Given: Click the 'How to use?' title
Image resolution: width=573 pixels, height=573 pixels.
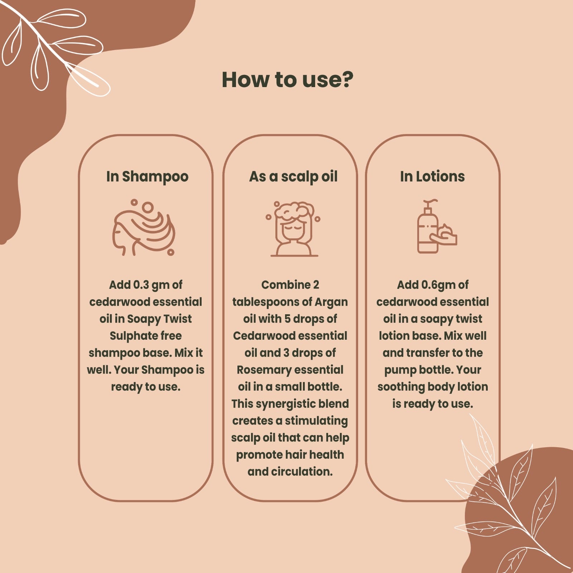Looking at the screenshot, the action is [x=288, y=80].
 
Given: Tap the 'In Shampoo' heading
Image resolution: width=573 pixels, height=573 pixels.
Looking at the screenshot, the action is [x=147, y=177].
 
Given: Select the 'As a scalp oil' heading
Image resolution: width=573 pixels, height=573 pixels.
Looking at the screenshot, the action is [x=293, y=177].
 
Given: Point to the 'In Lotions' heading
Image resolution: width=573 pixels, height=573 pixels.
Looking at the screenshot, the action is [x=432, y=176].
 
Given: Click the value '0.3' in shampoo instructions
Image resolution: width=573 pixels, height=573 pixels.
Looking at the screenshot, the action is [x=141, y=285].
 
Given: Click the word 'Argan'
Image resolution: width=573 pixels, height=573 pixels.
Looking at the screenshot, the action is [x=331, y=302].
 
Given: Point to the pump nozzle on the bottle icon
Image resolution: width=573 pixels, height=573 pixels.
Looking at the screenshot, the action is [x=430, y=203].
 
